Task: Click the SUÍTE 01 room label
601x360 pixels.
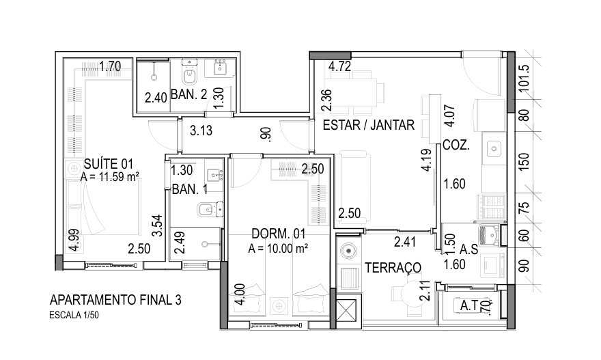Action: pyautogui.click(x=108, y=163)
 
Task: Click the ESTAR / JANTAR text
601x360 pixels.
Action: pyautogui.click(x=368, y=125)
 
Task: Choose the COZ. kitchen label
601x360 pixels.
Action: pyautogui.click(x=455, y=146)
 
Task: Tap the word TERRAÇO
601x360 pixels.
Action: pyautogui.click(x=392, y=267)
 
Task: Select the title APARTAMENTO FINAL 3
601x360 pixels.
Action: pyautogui.click(x=115, y=301)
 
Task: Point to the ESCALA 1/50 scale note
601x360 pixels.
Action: pyautogui.click(x=78, y=316)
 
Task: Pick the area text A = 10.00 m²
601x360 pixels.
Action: pyautogui.click(x=278, y=248)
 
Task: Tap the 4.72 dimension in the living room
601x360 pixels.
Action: pyautogui.click(x=339, y=67)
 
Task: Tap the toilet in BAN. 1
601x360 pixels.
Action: pyautogui.click(x=206, y=210)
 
